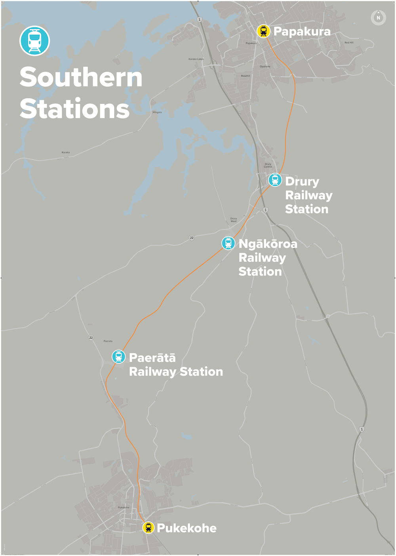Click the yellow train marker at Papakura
tap(263, 31)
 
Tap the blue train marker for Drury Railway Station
tap(275, 180)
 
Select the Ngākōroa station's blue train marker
tap(228, 243)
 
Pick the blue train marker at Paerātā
tap(118, 357)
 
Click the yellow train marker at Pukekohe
tap(148, 528)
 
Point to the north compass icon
tap(378, 18)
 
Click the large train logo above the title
tap(35, 41)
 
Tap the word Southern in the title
tap(81, 77)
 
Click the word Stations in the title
tap(75, 109)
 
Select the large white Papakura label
tap(302, 32)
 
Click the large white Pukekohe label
tap(187, 528)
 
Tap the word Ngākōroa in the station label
tap(268, 244)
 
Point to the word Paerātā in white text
tap(152, 358)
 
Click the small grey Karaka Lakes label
tap(196, 59)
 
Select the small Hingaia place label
tap(157, 112)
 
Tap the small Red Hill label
tap(349, 42)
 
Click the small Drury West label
tap(234, 220)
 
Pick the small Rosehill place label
tap(246, 76)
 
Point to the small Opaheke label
tap(265, 66)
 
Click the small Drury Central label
tap(268, 165)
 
